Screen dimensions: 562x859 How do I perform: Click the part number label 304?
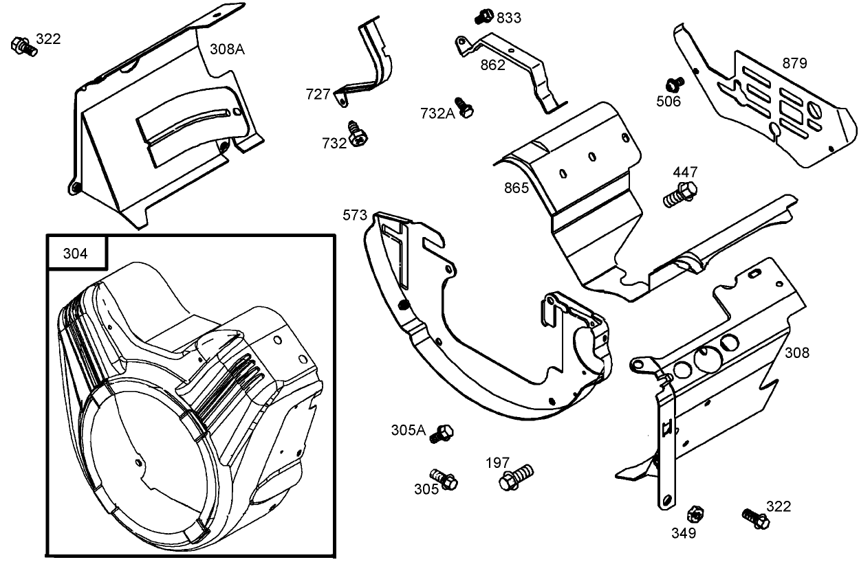[x=75, y=254]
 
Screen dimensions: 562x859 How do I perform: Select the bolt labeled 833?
[x=484, y=14]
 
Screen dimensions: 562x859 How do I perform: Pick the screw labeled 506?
[x=675, y=84]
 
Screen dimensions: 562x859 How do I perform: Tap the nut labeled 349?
[x=695, y=513]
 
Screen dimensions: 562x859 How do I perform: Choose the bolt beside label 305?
[x=444, y=479]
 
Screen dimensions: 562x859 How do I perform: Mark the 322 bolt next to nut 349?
[x=754, y=517]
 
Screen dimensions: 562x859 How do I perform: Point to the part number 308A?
[x=228, y=49]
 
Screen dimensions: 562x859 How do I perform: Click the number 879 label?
[x=794, y=63]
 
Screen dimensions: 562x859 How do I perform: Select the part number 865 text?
[x=516, y=187]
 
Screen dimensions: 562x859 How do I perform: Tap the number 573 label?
[x=355, y=216]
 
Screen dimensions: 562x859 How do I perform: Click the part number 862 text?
[x=493, y=65]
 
